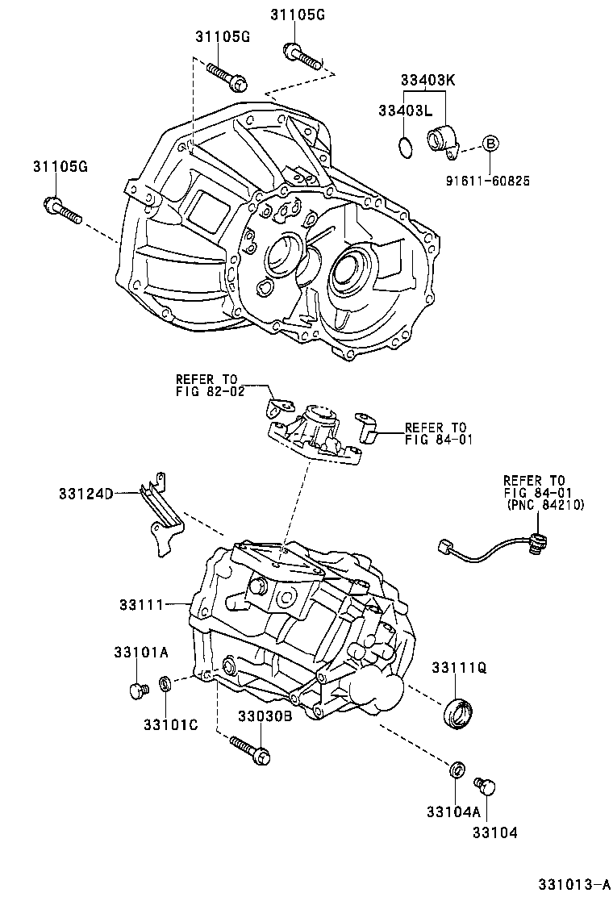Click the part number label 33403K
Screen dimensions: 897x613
coord(429,81)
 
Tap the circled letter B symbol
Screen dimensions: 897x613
coord(490,144)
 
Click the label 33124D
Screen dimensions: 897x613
coord(85,493)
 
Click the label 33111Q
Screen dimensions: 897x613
coord(459,668)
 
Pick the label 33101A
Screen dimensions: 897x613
coord(140,652)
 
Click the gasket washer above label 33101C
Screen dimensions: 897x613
coord(165,685)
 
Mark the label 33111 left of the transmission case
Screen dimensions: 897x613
coord(141,603)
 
